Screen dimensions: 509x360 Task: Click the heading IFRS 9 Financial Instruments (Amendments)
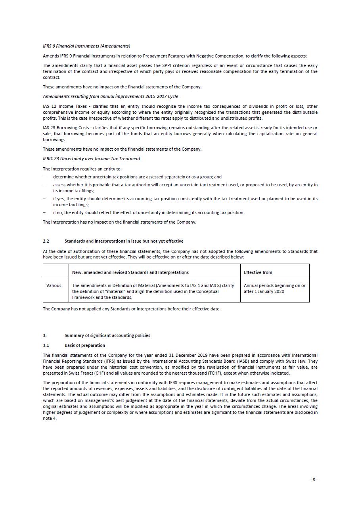(86, 46)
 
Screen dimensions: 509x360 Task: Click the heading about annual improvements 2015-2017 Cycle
(110, 96)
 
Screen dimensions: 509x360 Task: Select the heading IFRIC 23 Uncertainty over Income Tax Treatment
(91, 159)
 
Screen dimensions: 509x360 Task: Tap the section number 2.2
(46, 241)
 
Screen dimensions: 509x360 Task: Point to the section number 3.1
(46, 345)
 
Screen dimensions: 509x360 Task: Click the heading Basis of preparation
(85, 345)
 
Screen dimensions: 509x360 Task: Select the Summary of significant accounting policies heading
(107, 335)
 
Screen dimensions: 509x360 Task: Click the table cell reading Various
(54, 285)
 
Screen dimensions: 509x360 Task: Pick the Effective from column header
(258, 272)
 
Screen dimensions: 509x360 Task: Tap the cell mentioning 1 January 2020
(274, 289)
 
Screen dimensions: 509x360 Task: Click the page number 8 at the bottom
(314, 480)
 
